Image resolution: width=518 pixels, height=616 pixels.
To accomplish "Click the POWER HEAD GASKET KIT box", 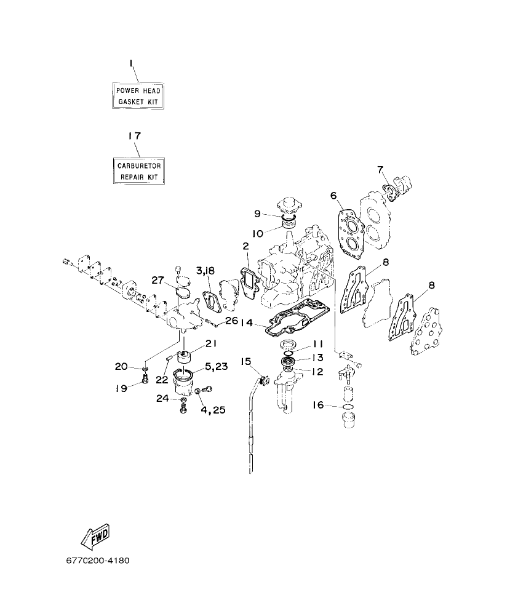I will click(x=139, y=95).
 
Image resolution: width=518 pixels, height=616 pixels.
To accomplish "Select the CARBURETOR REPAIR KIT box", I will click(x=139, y=171).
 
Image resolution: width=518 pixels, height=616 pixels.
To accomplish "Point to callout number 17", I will click(x=134, y=136).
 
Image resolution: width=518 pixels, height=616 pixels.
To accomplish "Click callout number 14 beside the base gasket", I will click(x=246, y=322).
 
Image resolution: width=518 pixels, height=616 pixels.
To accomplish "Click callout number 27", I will click(x=159, y=281).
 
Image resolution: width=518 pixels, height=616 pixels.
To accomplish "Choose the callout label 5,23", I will click(x=216, y=366).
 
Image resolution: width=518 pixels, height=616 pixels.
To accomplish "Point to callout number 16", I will click(x=318, y=406).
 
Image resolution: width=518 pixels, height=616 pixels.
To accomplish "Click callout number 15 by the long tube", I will click(x=246, y=361).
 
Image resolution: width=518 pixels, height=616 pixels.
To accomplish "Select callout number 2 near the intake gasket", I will click(x=245, y=246).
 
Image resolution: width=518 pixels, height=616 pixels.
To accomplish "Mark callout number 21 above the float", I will click(x=211, y=343).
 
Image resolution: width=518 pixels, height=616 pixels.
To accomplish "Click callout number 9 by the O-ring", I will click(x=258, y=214).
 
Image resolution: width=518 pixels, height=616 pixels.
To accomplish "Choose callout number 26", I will click(x=231, y=320).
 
